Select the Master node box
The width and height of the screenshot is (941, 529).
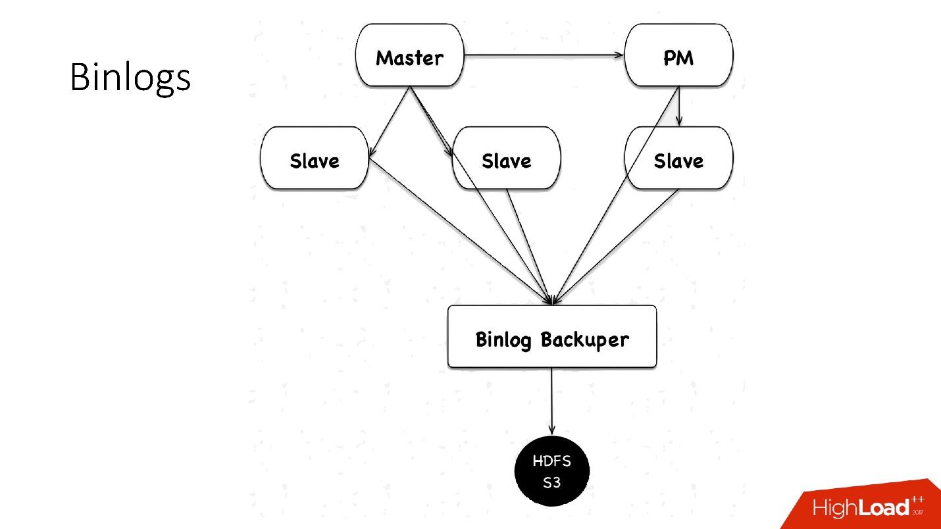click(x=409, y=55)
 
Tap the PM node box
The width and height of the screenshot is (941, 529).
click(x=679, y=55)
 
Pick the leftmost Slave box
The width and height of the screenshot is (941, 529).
click(x=315, y=158)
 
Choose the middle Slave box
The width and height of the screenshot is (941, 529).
click(x=506, y=158)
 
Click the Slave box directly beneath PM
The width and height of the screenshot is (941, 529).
click(x=679, y=158)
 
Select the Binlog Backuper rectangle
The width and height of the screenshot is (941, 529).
click(x=552, y=337)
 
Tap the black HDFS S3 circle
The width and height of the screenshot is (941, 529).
click(x=552, y=471)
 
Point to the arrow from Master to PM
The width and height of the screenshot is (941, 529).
click(x=544, y=55)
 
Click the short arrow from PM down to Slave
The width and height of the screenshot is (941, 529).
click(x=679, y=107)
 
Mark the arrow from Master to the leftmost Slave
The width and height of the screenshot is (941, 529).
click(x=390, y=122)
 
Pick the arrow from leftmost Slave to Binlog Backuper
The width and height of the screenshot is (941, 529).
click(x=460, y=231)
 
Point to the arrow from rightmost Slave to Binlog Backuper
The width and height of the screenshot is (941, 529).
click(x=616, y=247)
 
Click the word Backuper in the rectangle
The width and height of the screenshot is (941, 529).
click(x=585, y=340)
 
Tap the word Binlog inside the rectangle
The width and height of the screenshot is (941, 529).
click(x=503, y=340)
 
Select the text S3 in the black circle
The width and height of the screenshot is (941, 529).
click(x=551, y=482)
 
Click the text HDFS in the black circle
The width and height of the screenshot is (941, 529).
click(x=551, y=461)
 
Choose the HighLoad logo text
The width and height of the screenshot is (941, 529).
click(x=861, y=507)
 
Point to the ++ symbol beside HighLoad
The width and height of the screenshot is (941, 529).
click(x=917, y=499)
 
